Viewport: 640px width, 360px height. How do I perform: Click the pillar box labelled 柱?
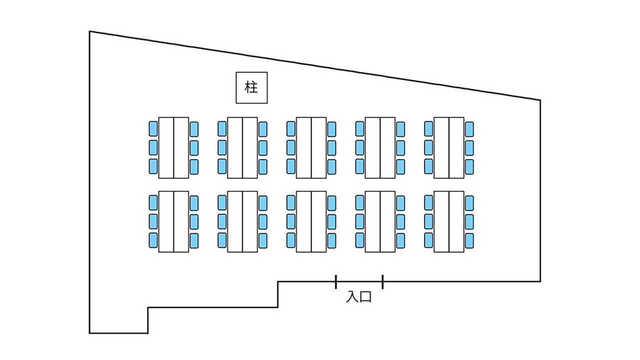(251, 87)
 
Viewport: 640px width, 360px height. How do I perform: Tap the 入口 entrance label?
(359, 297)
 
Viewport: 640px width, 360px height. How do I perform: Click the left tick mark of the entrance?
(335, 281)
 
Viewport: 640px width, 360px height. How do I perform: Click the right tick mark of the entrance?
(382, 281)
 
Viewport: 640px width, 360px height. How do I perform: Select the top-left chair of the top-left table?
(153, 129)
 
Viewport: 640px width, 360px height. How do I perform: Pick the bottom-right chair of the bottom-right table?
(469, 240)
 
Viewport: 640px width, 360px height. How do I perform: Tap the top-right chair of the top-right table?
(469, 129)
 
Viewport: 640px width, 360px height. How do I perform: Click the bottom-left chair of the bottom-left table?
(153, 240)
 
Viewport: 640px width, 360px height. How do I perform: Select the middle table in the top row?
(311, 147)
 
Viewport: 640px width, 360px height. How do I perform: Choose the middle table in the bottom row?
(311, 221)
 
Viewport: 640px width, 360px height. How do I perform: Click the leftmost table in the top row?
(173, 147)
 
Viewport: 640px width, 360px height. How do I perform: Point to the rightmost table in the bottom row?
(448, 221)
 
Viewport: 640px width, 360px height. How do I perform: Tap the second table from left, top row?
(242, 147)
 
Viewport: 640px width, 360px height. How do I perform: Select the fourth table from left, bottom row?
(380, 221)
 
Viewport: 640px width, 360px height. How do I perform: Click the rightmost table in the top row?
(448, 147)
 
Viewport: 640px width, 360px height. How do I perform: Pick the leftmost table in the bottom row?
(173, 221)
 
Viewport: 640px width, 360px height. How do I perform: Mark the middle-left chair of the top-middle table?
(291, 147)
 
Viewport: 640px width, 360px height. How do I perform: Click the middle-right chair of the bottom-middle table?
(331, 221)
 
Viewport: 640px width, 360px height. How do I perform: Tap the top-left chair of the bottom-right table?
(428, 202)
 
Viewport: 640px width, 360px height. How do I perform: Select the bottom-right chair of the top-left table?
(194, 166)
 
